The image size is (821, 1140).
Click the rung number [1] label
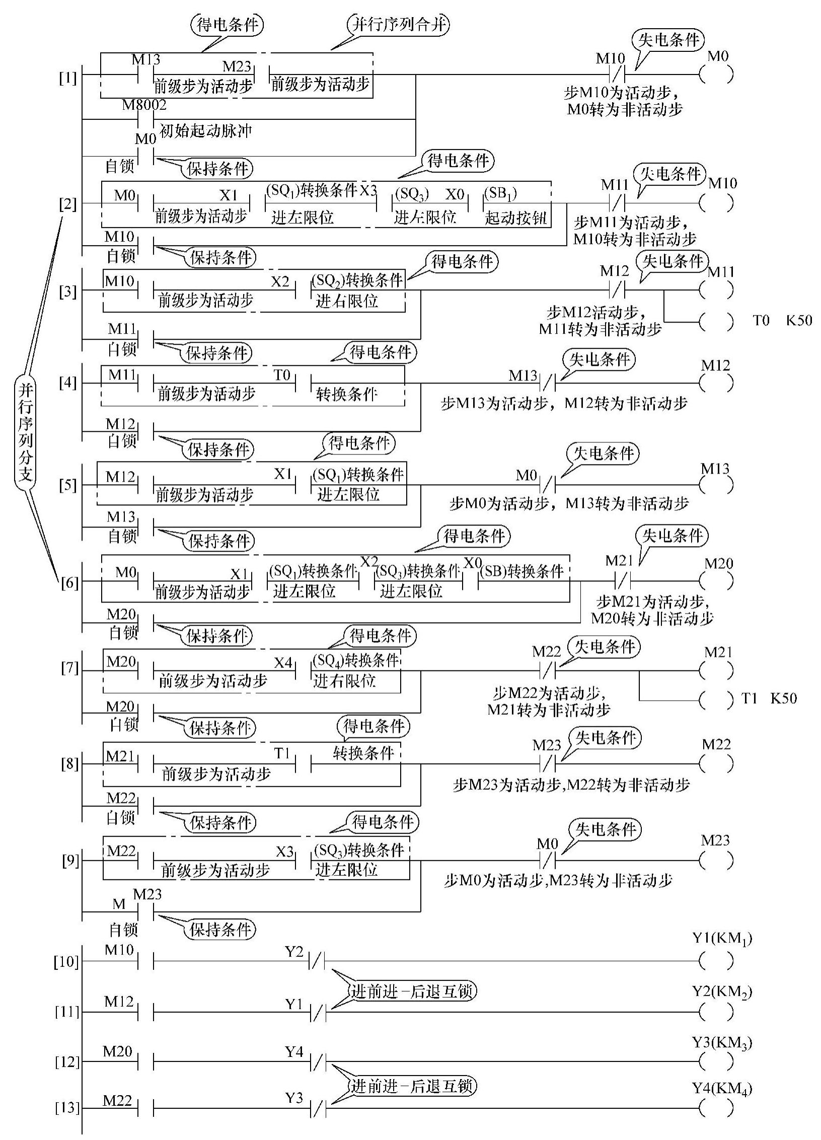point(68,79)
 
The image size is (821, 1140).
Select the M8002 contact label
point(144,105)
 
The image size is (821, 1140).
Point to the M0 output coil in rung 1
point(716,75)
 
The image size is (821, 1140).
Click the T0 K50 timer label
point(782,321)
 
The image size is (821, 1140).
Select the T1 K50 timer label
point(769,699)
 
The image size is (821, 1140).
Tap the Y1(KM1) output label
point(722,939)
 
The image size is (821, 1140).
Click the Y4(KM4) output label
point(722,1089)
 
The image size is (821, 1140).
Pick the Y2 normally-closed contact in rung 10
point(317,961)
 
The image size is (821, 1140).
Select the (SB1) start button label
point(500,194)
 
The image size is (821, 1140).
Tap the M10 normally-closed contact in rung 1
point(617,75)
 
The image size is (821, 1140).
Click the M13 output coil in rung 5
point(716,485)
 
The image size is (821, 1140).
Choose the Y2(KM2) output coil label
point(722,992)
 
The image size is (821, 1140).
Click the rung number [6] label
point(69,583)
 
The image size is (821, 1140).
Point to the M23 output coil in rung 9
point(716,861)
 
